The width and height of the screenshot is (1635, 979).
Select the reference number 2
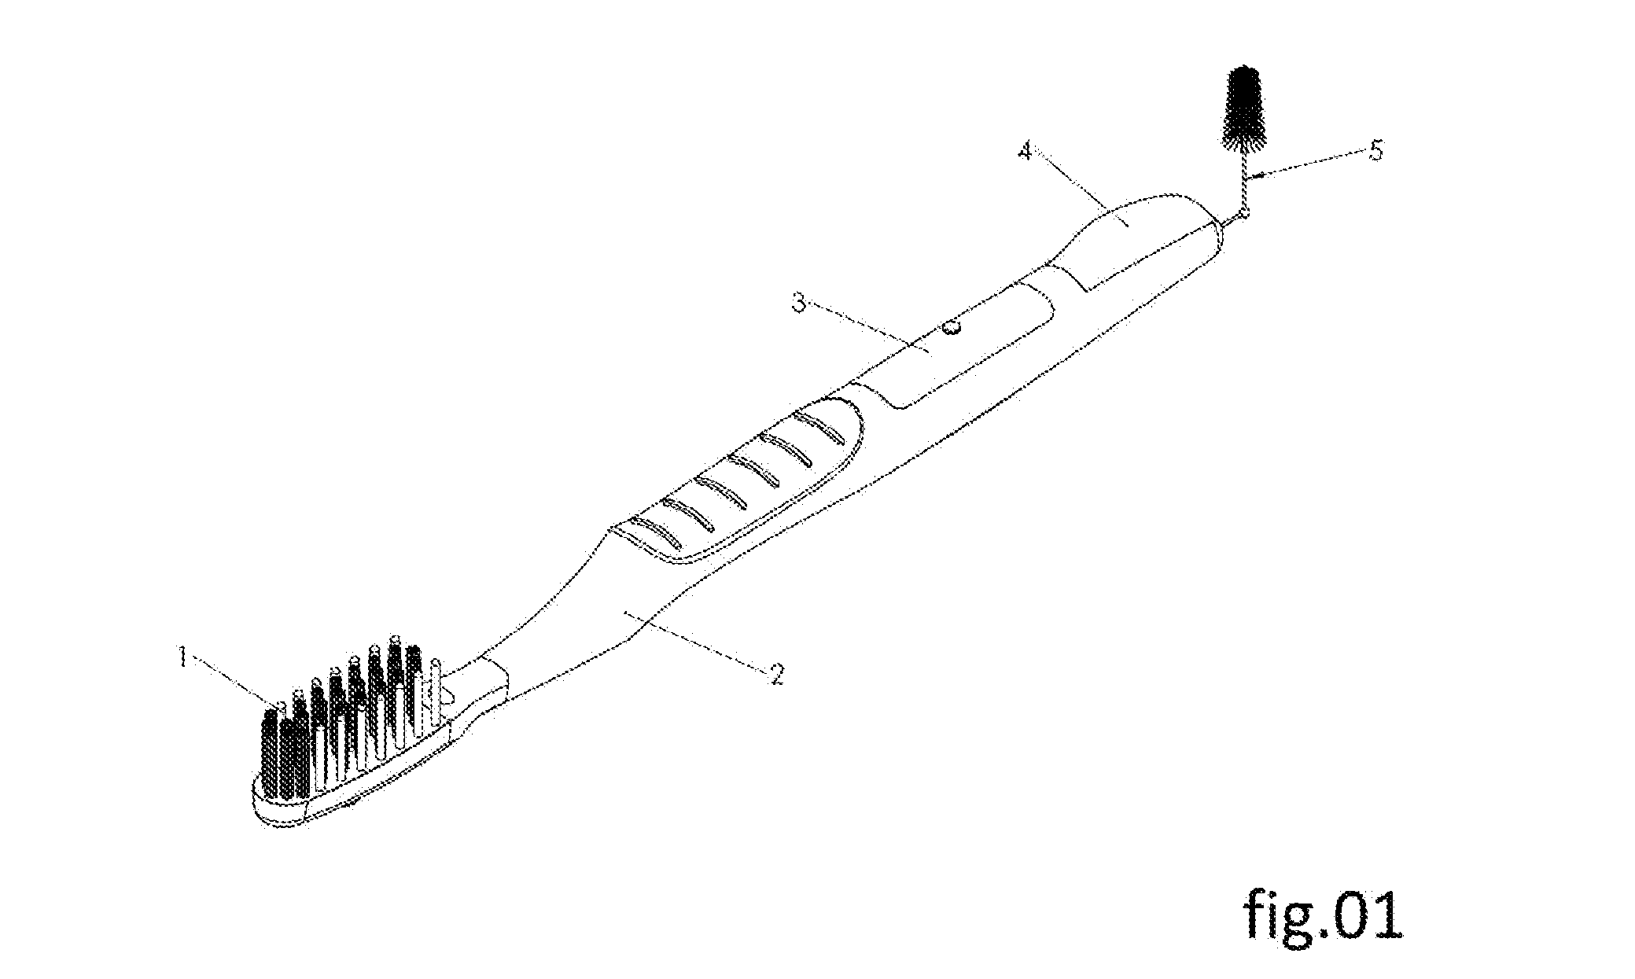(x=776, y=673)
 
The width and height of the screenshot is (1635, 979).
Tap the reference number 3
(x=799, y=303)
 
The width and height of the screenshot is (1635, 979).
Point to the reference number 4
(x=1024, y=151)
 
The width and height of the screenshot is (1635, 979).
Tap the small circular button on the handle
(x=952, y=326)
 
